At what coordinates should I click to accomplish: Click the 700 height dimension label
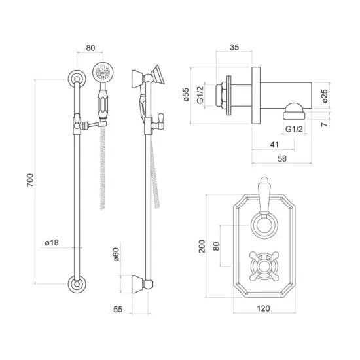coord(30,180)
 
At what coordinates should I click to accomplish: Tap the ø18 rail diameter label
coord(52,242)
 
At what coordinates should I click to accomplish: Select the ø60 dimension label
coord(116,255)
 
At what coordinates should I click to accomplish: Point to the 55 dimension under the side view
coord(118,309)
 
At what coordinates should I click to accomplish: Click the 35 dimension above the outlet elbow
coord(234,47)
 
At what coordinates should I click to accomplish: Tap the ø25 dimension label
coord(325,96)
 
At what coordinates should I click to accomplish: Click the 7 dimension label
coord(324,124)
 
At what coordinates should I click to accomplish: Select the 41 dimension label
coord(275,145)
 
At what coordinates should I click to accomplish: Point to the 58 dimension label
coord(282,158)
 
